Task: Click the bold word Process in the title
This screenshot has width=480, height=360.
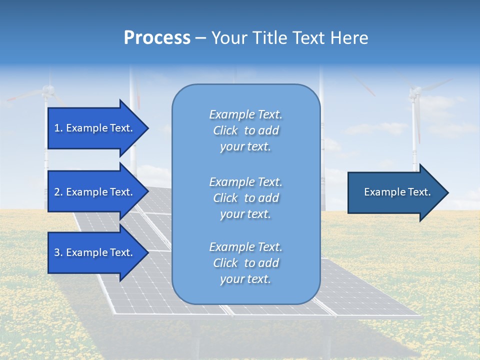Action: point(157,38)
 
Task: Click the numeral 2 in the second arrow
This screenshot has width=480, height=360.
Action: point(57,192)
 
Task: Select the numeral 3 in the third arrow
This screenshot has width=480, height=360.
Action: point(57,252)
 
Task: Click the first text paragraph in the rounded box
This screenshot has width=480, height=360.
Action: point(245,130)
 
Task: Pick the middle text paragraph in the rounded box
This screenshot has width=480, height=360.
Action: point(245,198)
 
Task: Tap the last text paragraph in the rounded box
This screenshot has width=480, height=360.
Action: point(245,263)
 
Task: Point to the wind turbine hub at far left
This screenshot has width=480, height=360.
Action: point(47,90)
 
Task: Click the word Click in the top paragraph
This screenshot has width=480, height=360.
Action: point(225,130)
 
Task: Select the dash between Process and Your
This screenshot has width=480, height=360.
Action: point(201,38)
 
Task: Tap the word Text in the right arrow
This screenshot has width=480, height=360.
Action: point(419,192)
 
